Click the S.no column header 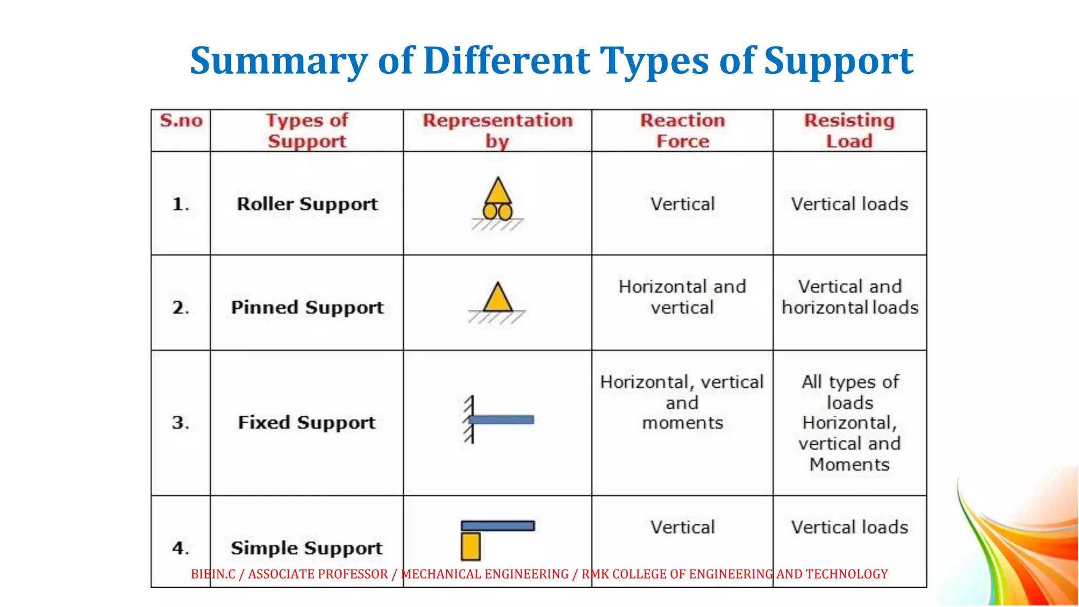pyautogui.click(x=181, y=121)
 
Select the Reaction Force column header pyautogui.click(x=682, y=131)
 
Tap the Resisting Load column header pyautogui.click(x=849, y=131)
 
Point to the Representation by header pyautogui.click(x=497, y=131)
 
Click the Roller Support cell pyautogui.click(x=307, y=204)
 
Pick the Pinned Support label pyautogui.click(x=307, y=307)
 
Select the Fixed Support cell pyautogui.click(x=307, y=423)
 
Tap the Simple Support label pyautogui.click(x=307, y=548)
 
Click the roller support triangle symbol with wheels pyautogui.click(x=498, y=200)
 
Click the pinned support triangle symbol pyautogui.click(x=498, y=299)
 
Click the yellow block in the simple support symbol pyautogui.click(x=470, y=546)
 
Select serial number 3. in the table pyautogui.click(x=180, y=423)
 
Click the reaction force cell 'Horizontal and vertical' pyautogui.click(x=682, y=297)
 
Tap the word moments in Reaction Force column pyautogui.click(x=682, y=423)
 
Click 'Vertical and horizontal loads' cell pyautogui.click(x=849, y=297)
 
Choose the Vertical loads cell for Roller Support pyautogui.click(x=849, y=204)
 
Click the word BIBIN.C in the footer pyautogui.click(x=213, y=574)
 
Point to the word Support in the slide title pyautogui.click(x=838, y=61)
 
